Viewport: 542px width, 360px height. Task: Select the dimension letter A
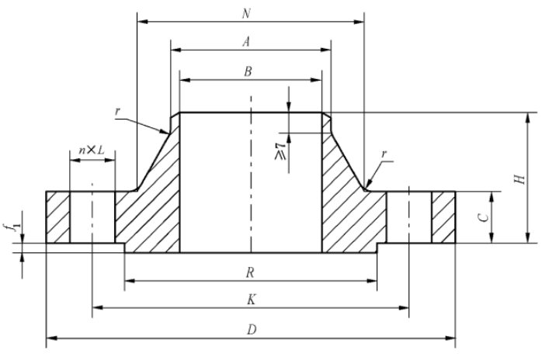pos(246,42)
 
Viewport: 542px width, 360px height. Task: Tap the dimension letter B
pos(248,71)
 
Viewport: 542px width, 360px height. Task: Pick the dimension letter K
pos(249,299)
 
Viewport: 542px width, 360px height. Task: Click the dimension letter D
pos(250,329)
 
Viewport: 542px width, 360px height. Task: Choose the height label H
pos(522,178)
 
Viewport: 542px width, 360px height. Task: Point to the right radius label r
pos(383,155)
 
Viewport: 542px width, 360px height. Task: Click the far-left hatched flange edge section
pos(58,217)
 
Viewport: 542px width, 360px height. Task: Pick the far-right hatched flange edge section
pos(443,217)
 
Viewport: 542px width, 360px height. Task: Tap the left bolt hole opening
pos(92,217)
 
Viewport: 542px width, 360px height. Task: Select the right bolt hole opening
pos(409,217)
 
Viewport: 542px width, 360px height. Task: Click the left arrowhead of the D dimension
pos(50,337)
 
